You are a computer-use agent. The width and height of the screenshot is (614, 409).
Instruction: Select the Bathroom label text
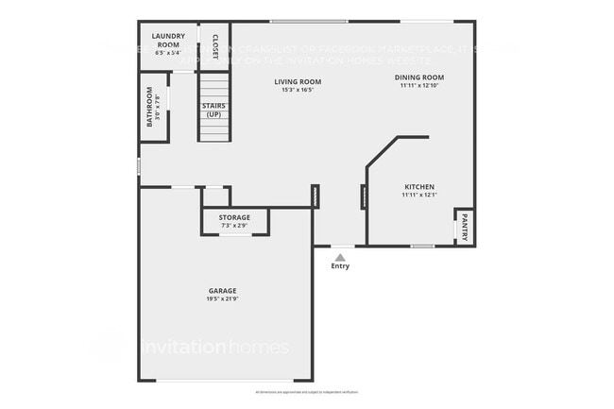coord(148,107)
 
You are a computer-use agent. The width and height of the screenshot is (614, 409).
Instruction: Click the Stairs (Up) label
coord(213,110)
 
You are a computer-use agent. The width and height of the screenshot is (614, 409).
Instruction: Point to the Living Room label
coord(298,82)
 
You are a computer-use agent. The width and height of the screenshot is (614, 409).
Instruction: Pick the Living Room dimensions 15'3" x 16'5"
coord(298,91)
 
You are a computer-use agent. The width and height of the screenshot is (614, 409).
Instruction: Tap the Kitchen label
coord(418,187)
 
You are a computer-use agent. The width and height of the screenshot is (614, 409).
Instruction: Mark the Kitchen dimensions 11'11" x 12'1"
coord(418,196)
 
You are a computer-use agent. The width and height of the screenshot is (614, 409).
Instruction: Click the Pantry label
coord(464,227)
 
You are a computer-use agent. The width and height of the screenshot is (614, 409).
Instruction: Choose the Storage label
coord(235,217)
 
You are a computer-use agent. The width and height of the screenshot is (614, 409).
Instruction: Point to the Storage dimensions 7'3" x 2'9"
coord(235,226)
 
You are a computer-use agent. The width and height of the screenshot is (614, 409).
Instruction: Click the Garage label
coord(222,291)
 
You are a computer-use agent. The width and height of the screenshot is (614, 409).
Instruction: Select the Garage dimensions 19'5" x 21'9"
coord(222,299)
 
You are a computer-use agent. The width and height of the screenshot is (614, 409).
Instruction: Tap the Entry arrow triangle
coord(340,256)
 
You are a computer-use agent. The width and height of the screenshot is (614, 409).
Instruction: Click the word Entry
coord(340,266)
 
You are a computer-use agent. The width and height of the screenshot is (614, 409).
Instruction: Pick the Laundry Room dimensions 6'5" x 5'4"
coord(167,52)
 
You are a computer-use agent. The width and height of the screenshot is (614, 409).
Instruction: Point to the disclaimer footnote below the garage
coord(307,390)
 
